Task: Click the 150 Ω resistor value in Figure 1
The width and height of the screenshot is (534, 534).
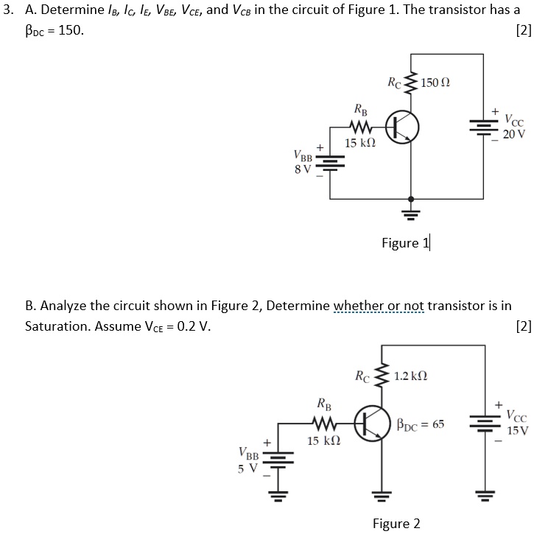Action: click(436, 80)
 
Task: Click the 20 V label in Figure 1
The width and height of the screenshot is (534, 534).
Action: click(514, 134)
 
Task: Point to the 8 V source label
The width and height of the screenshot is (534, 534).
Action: click(302, 169)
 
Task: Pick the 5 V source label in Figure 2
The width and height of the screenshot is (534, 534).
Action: click(247, 467)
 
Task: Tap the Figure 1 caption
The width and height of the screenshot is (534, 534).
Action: click(405, 243)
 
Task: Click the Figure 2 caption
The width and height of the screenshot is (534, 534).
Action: click(396, 523)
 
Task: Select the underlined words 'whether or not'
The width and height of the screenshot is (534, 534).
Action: click(379, 306)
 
